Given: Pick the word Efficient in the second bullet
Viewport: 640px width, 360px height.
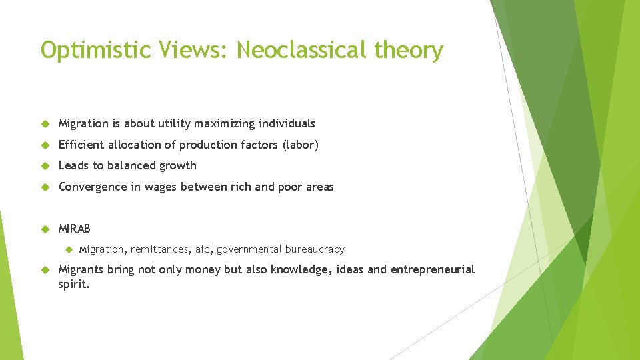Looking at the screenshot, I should (81, 145).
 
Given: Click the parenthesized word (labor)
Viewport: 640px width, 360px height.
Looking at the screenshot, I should (300, 145).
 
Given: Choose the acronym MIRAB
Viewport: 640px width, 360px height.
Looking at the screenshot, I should (75, 229).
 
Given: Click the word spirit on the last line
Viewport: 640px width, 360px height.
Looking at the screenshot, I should (73, 284).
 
